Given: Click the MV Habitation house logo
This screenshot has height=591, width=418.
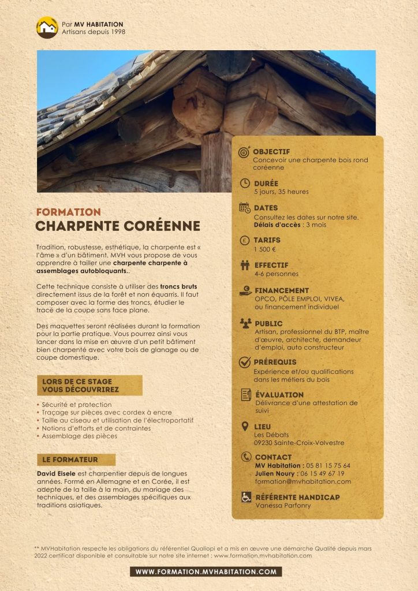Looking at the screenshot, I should pos(47,27).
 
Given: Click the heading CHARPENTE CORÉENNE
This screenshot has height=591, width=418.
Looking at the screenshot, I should pos(118,226).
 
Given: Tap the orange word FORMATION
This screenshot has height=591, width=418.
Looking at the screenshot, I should pos(68,212).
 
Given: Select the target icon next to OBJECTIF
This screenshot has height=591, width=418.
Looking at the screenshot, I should pos(244,152).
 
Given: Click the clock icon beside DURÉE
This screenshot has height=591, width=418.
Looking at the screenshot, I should pos(245,184).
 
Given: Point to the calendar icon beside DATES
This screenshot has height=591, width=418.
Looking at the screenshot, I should pos(244,208).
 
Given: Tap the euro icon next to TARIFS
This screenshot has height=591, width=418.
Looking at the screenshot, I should pos(245,240).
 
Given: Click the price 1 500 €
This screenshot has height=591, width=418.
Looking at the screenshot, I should pos(265,249).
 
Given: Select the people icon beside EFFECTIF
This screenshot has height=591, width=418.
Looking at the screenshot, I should pos(245,265).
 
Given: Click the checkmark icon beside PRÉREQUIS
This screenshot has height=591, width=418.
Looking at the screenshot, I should pos(245,362).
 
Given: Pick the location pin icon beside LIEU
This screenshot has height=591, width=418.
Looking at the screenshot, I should pos(245,427).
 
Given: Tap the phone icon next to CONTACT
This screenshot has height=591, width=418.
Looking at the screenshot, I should pos(245,457).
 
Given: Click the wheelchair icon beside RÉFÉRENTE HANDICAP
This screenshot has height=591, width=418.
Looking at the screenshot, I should pos(246,497).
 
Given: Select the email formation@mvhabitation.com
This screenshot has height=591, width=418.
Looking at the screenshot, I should pos(303,481).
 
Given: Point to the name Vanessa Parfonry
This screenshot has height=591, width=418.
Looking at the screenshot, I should pos(283,505).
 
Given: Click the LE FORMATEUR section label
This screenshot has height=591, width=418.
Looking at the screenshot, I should pos(76,460).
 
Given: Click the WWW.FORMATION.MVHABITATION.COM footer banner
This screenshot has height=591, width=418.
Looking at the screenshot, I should pos(206,572).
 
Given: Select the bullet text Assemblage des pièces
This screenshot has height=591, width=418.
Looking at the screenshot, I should pos(79,436).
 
